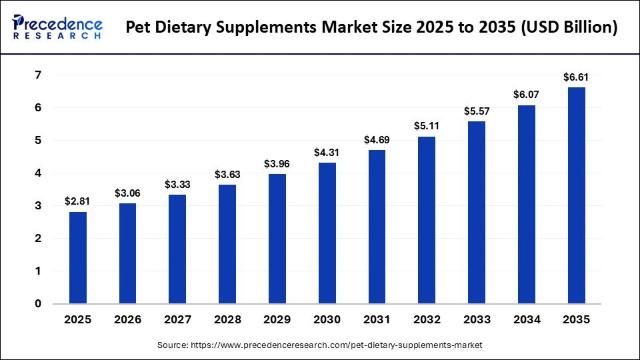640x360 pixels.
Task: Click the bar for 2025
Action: click(78, 257)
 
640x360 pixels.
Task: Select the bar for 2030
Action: click(327, 233)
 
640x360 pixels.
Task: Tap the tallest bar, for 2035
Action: click(576, 195)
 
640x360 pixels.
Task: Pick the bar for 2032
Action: click(427, 220)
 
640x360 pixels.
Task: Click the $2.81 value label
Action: click(78, 201)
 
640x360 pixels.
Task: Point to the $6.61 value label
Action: click(576, 77)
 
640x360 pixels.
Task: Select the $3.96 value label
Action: click(277, 163)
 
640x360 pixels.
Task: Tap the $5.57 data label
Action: click(477, 111)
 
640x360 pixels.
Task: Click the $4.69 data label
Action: click(377, 139)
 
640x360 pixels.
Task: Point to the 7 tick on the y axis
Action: click(38, 75)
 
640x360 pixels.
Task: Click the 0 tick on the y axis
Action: click(38, 304)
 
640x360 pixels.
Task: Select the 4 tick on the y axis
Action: click(38, 173)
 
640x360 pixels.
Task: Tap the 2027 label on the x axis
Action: click(177, 320)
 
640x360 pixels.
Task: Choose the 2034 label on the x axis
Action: click(526, 320)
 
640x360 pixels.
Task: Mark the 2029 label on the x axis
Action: click(277, 320)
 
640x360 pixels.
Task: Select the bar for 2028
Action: click(227, 244)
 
